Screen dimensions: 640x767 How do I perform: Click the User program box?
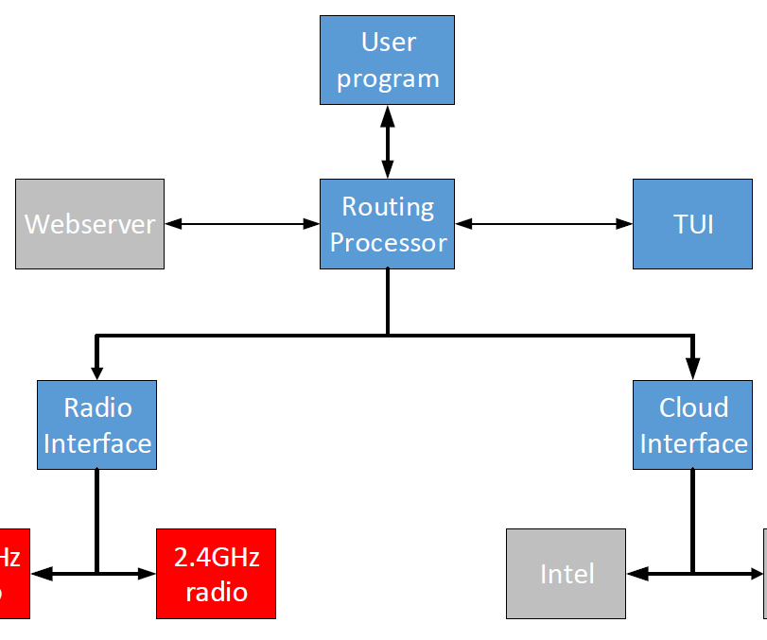coord(387,60)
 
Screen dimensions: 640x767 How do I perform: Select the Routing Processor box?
coord(387,224)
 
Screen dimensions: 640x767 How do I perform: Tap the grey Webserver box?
coord(90,224)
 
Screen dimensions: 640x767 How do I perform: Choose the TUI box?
coord(693,224)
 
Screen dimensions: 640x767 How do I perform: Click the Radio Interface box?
coord(96,425)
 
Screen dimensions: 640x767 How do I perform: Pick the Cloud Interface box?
coord(693,425)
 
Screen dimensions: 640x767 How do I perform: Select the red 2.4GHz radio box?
coord(216,574)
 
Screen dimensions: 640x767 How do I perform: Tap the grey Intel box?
coord(566,574)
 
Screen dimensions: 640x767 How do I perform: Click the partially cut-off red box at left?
coord(13,574)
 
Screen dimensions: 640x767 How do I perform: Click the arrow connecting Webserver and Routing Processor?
coord(242,224)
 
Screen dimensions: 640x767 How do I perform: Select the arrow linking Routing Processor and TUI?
coord(544,224)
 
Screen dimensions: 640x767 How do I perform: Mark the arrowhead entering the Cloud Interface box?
coord(693,372)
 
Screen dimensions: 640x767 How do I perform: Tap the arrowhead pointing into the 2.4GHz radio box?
coord(147,573)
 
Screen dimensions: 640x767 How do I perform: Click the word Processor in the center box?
coord(388,243)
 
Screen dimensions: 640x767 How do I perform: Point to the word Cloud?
coord(693,407)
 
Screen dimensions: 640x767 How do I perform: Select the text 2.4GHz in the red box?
coord(216,556)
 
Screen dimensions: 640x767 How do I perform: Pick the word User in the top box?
coord(388,42)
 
